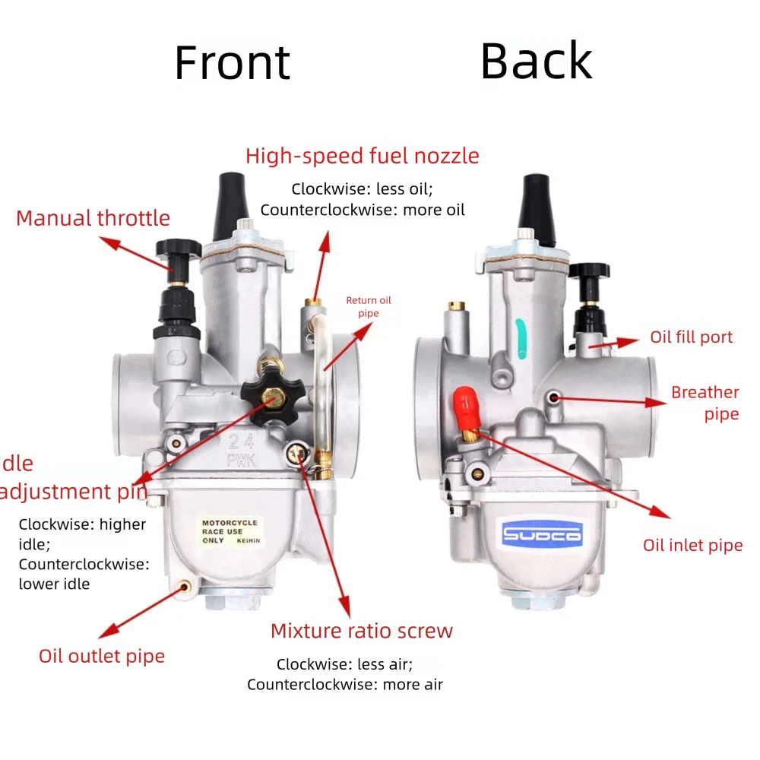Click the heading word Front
click(x=232, y=63)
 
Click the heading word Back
click(x=536, y=61)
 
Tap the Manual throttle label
click(x=93, y=218)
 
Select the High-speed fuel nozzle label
click(x=362, y=156)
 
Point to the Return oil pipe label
click(x=368, y=306)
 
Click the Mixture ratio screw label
click(x=361, y=631)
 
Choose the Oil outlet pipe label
click(x=102, y=656)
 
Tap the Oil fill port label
click(x=691, y=337)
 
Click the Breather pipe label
click(x=705, y=403)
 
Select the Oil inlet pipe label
click(x=692, y=545)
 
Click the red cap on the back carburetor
click(x=467, y=407)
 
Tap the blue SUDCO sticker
click(x=541, y=535)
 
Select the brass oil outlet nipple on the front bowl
click(x=183, y=587)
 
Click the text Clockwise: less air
click(x=344, y=664)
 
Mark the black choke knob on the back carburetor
click(x=588, y=271)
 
